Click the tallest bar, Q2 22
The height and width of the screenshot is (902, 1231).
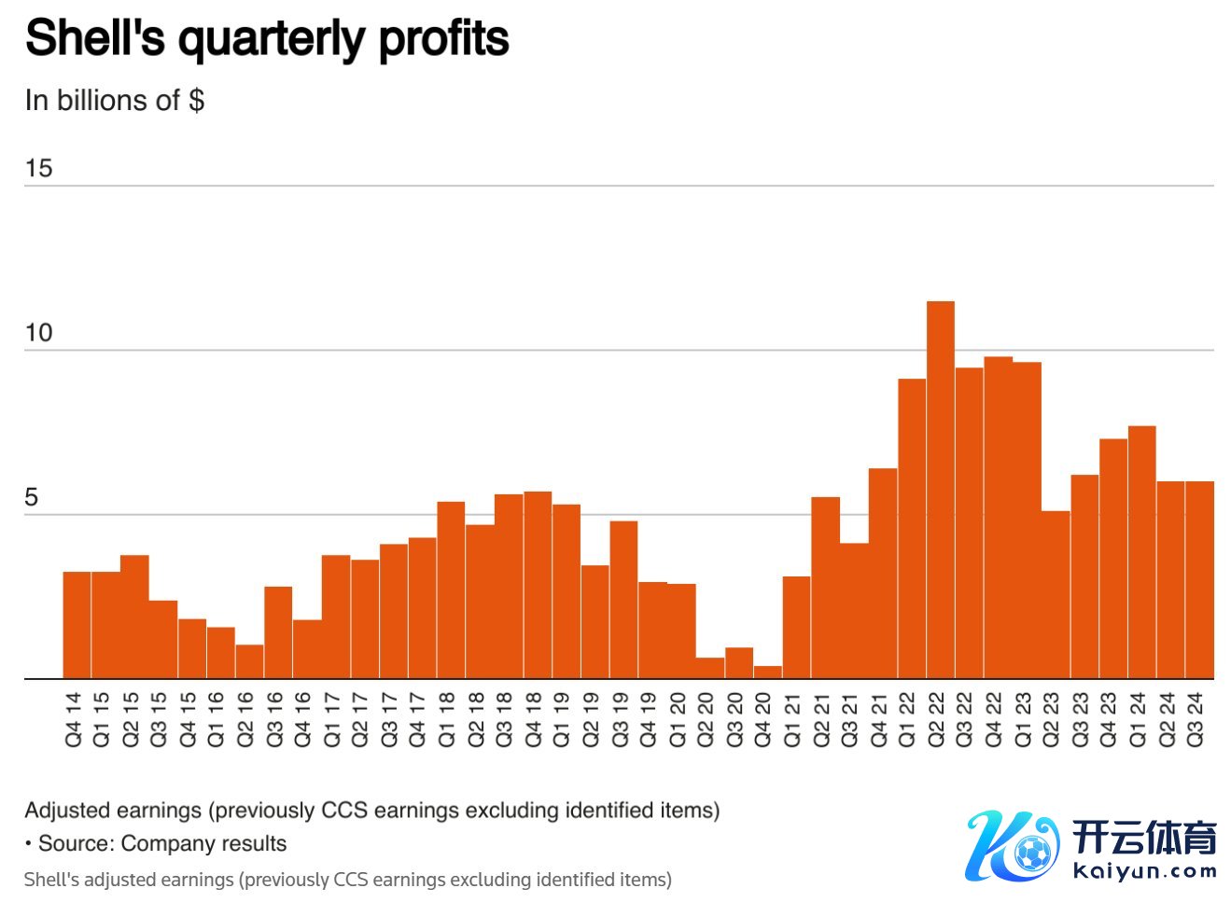940,490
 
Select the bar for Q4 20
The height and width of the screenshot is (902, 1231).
767,673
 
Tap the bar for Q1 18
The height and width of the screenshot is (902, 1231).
451,590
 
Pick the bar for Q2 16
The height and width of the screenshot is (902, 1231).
249,662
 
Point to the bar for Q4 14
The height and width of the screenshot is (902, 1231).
77,625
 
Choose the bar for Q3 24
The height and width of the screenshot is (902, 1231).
1199,580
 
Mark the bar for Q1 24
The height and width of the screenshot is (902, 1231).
1141,552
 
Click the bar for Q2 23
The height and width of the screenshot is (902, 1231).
1056,595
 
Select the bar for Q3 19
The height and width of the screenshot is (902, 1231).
623,600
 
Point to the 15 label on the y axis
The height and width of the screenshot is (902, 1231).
38,169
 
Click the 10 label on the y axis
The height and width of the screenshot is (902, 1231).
38,333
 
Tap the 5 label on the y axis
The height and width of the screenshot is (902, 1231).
32,497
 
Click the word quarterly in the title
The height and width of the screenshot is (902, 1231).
272,39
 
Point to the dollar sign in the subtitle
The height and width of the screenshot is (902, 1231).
196,100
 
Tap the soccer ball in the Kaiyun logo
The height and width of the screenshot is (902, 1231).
1031,852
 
